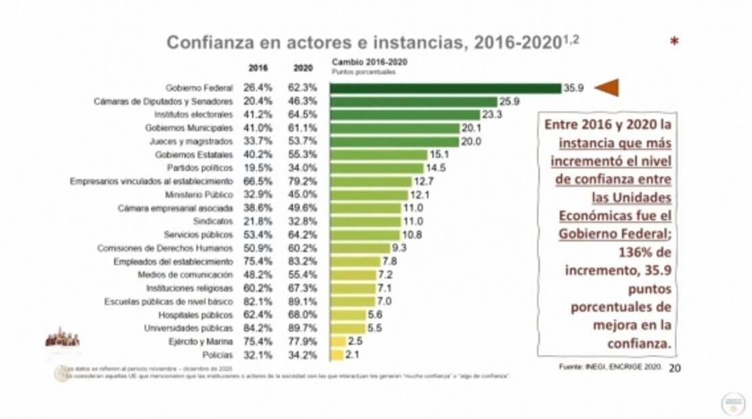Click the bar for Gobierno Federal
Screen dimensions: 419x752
tap(445, 88)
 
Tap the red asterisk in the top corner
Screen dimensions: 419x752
tap(674, 43)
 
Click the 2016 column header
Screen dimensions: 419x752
tap(258, 68)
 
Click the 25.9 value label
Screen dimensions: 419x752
tap(509, 101)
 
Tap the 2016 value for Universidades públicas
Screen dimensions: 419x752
tap(258, 328)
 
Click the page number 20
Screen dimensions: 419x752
tap(674, 368)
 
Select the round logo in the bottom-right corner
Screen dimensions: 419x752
tap(732, 403)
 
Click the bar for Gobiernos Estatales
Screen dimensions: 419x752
tap(378, 155)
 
